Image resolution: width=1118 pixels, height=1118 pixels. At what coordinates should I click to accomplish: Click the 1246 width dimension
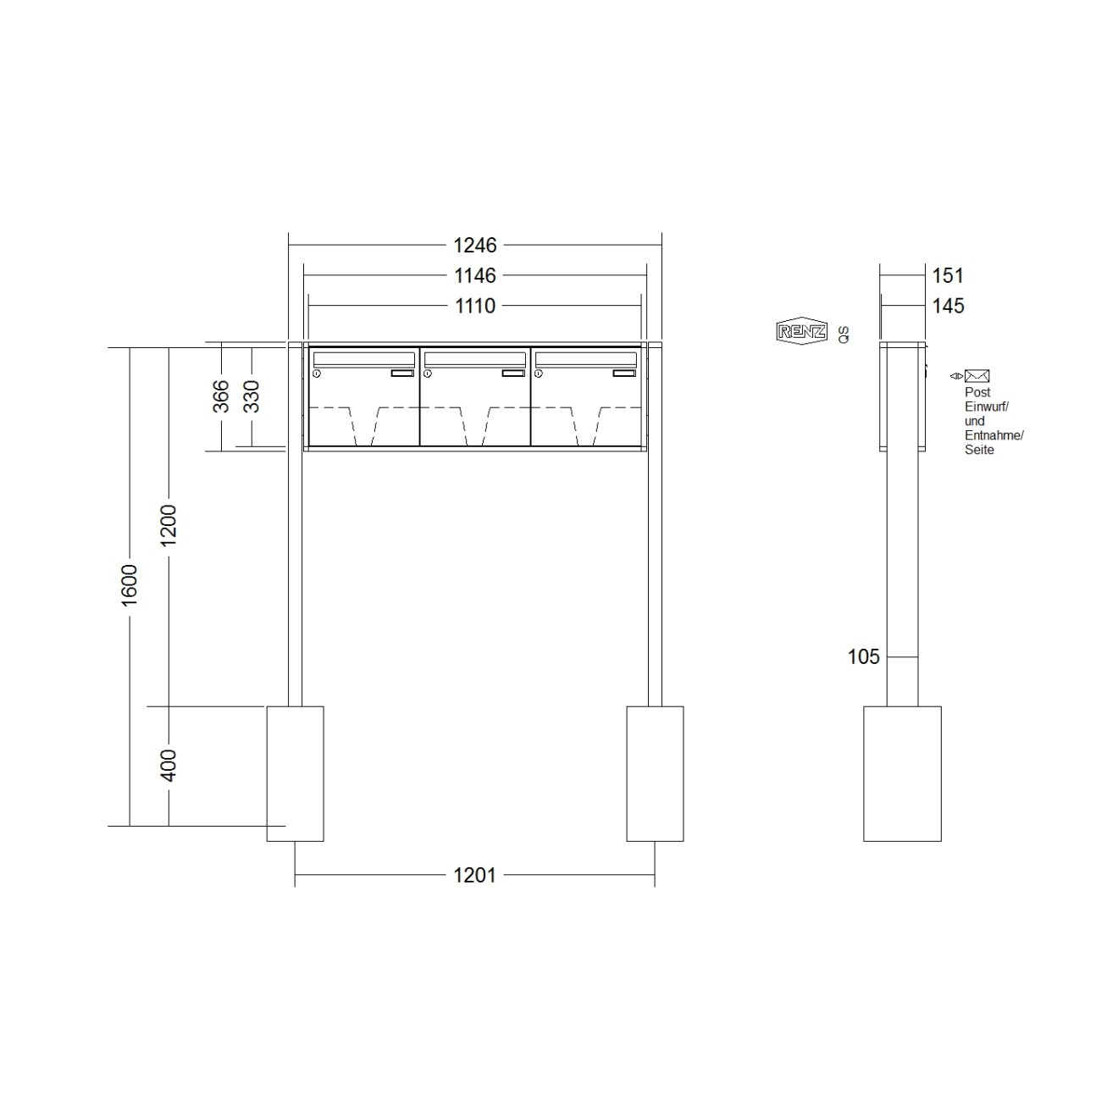(x=475, y=246)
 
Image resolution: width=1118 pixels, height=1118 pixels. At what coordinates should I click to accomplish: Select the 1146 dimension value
(x=475, y=275)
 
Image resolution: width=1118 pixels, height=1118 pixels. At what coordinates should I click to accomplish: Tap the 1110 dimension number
(x=475, y=306)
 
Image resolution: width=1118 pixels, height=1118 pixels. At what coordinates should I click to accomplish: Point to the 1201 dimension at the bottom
(x=474, y=876)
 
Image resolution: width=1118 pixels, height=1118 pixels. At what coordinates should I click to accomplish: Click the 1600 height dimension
(x=129, y=584)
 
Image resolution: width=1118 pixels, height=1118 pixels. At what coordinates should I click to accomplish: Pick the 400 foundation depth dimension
(x=169, y=765)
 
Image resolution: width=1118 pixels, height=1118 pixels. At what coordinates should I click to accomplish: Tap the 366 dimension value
(x=219, y=396)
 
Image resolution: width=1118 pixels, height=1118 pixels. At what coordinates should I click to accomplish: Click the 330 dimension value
(x=251, y=396)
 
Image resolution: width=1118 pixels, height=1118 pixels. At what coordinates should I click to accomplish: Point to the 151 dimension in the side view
(x=948, y=275)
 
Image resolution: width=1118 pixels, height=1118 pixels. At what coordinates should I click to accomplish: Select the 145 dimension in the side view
(x=948, y=306)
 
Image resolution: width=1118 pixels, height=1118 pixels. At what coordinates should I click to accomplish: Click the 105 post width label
(x=864, y=656)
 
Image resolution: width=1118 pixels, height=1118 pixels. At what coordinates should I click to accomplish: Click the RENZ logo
(x=801, y=331)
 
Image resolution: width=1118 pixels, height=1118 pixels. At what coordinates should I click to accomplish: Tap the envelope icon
(x=977, y=376)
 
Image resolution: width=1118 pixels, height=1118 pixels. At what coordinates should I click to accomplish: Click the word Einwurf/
(x=986, y=407)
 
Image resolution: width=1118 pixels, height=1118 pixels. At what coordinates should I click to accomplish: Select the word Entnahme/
(x=993, y=435)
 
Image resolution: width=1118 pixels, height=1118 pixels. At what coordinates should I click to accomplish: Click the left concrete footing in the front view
(x=295, y=773)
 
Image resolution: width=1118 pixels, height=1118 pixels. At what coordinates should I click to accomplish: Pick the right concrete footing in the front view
(x=655, y=773)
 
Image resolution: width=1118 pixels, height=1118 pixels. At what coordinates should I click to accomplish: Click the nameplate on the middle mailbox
(x=513, y=374)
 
